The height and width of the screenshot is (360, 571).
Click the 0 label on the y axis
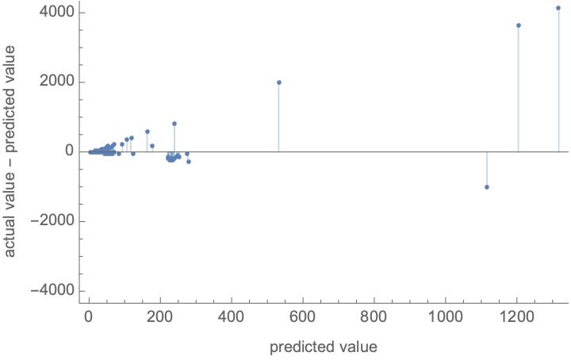point(69,151)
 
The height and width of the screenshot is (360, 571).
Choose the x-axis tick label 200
point(160,318)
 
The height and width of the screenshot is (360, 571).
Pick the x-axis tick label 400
point(232,318)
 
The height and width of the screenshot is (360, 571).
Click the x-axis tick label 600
point(303,318)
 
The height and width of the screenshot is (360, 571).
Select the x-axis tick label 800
point(374,318)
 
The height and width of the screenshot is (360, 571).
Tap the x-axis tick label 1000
point(446,318)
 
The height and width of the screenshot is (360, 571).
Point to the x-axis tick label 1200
point(517,318)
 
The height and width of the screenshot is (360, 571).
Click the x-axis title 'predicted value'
point(323,347)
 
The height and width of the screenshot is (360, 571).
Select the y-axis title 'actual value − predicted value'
point(11,151)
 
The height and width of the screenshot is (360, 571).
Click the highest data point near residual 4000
point(558,8)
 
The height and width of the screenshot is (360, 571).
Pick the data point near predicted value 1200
point(518,25)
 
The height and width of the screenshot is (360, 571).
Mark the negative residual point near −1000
point(486,187)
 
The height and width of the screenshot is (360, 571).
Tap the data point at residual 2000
point(279,82)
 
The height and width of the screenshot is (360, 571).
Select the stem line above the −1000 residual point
point(486,169)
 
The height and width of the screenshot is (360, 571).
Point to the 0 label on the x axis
point(89,318)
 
